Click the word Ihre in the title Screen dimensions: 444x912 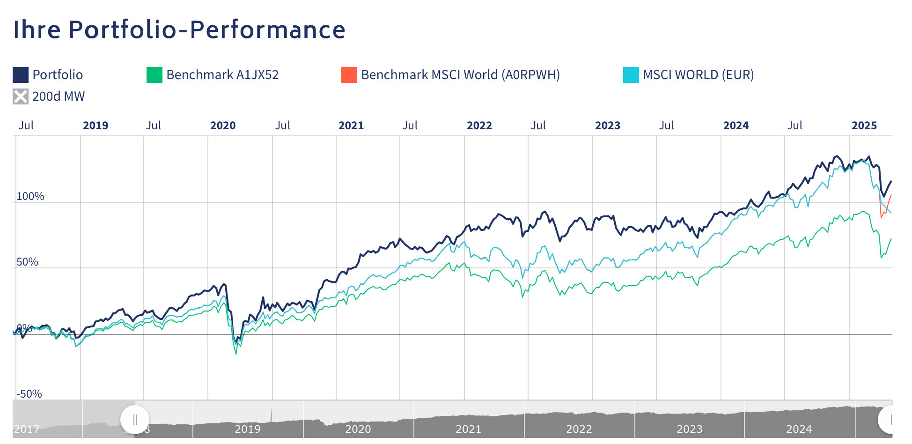point(37,30)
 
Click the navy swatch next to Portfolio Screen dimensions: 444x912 point(21,75)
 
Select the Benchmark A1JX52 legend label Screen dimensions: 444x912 point(222,75)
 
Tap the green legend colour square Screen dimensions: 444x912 point(154,75)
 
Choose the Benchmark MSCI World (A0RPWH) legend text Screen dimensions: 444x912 point(460,75)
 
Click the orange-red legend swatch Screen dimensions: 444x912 point(349,75)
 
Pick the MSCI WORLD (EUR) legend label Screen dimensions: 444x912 point(698,75)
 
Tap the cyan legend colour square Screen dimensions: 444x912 point(631,75)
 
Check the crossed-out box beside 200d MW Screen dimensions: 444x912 point(21,96)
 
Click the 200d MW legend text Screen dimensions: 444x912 point(59,96)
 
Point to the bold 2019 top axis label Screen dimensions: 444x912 point(96,126)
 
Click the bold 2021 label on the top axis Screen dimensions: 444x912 point(351,126)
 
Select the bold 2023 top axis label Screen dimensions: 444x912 point(608,126)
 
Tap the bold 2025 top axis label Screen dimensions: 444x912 point(864,126)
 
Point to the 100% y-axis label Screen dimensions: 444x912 point(30,196)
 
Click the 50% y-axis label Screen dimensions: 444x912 point(27,262)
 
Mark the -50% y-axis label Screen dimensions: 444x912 point(29,394)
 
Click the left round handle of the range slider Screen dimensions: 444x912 point(135,419)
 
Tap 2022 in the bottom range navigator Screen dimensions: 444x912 point(579,429)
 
